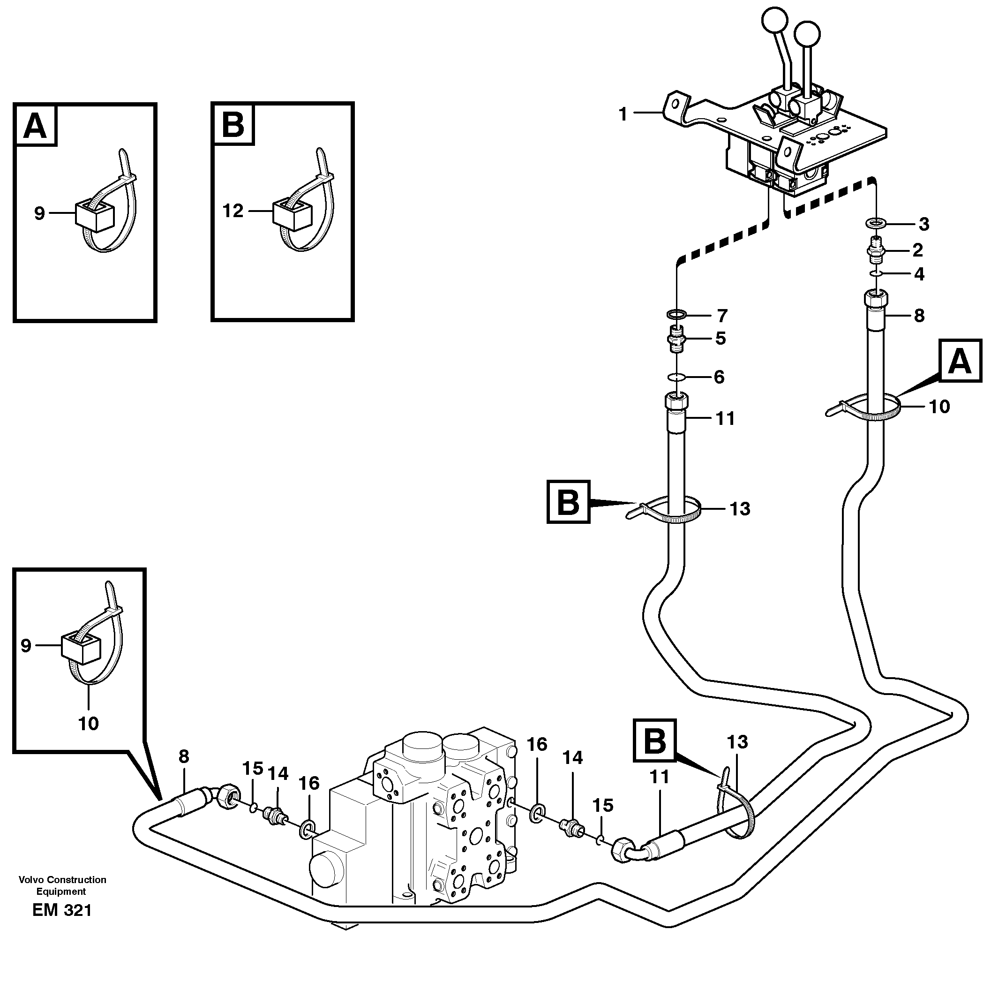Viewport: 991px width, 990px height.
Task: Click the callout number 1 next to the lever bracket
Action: (623, 114)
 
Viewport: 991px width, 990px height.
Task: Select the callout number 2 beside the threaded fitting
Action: (917, 250)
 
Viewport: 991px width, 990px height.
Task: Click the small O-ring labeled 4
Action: (876, 274)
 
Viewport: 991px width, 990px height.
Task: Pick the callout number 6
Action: (719, 377)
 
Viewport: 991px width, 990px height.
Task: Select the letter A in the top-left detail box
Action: (35, 125)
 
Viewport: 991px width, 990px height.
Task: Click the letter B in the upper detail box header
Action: (233, 125)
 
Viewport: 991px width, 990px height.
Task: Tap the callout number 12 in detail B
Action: (233, 211)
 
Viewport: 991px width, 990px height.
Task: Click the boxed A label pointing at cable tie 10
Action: (960, 361)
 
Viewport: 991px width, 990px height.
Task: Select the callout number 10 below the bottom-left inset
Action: (88, 724)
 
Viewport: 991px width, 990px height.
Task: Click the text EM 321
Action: (61, 925)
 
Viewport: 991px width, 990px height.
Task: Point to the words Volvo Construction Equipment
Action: (62, 885)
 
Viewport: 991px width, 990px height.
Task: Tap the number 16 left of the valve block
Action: (309, 783)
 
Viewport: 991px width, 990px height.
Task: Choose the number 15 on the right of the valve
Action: (603, 806)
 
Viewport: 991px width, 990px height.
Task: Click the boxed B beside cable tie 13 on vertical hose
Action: (568, 502)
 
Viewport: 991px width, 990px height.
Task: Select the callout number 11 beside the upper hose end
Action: (725, 419)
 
